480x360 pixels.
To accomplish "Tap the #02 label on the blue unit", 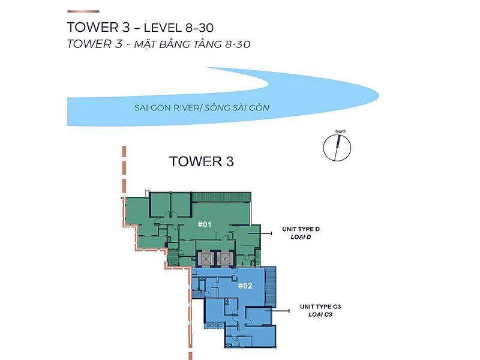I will [244, 286].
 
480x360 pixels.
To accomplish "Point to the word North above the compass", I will [341, 131].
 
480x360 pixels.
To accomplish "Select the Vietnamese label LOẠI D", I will [304, 238].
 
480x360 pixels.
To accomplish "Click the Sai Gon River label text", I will [202, 109].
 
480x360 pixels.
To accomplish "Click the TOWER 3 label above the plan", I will [201, 161].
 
